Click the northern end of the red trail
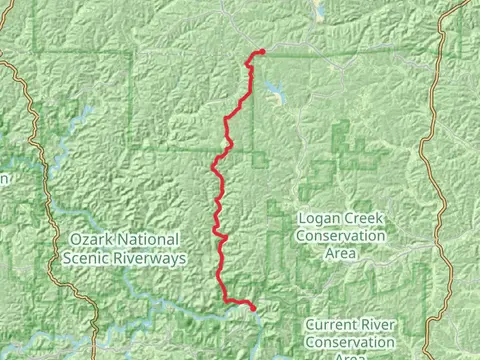(x=261, y=51)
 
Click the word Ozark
(x=93, y=240)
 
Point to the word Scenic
(x=85, y=258)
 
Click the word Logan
(x=317, y=217)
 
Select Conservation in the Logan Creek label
(x=340, y=236)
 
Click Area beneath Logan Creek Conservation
(x=340, y=254)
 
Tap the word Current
(x=331, y=325)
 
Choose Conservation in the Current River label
(x=349, y=343)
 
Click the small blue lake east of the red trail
(x=273, y=97)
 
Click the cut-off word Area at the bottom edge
(x=349, y=356)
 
